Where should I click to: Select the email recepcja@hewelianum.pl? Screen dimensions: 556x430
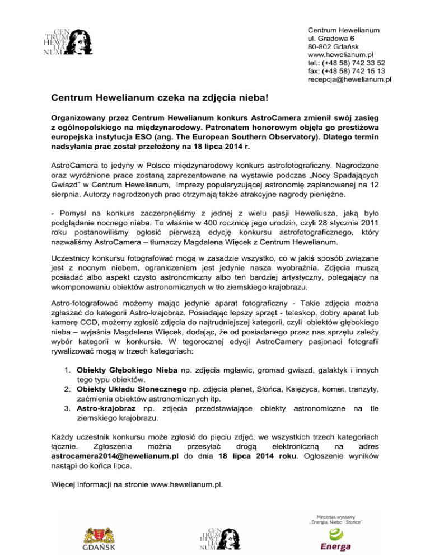pyautogui.click(x=349, y=80)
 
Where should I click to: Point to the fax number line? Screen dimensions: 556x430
pyautogui.click(x=346, y=72)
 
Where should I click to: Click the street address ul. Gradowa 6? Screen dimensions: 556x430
pyautogui.click(x=331, y=38)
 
